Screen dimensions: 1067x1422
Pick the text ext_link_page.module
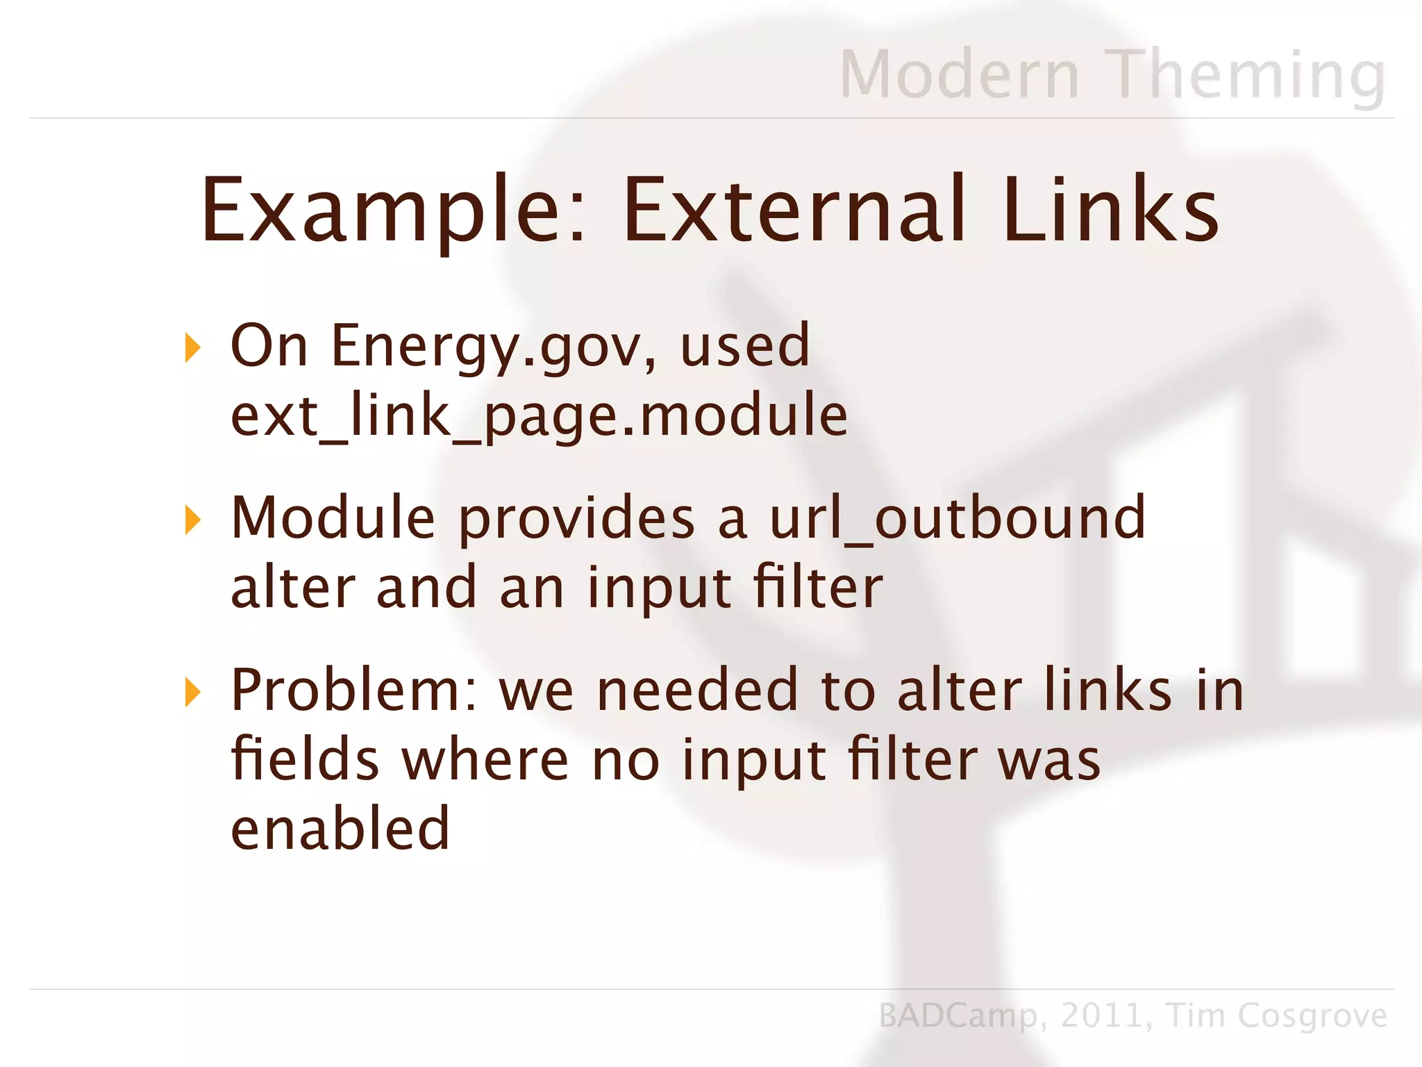[x=539, y=415]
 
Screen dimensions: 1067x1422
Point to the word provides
[x=576, y=520]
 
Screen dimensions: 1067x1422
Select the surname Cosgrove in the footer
[x=1312, y=1016]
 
